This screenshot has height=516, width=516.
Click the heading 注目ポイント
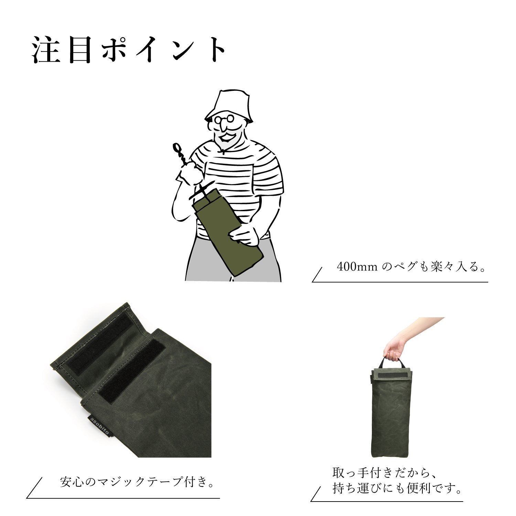tap(129, 50)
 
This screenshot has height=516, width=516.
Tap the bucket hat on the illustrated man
tap(229, 105)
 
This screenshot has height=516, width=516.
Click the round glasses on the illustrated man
tap(224, 119)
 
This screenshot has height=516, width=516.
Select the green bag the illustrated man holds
tap(227, 232)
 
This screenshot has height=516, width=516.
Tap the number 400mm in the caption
tap(357, 267)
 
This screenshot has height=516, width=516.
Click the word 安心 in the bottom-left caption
tap(72, 482)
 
